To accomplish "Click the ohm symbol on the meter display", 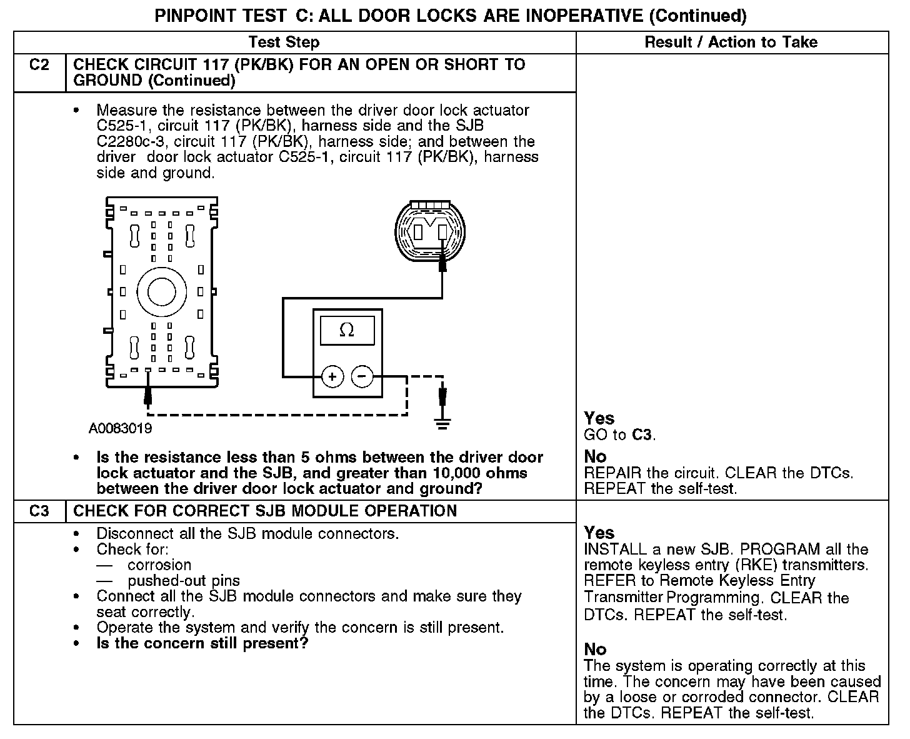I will [347, 330].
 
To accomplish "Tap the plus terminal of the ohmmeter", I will [332, 376].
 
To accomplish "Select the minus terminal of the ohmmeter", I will [362, 376].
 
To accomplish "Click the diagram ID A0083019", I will [120, 429].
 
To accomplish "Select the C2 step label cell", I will [39, 65].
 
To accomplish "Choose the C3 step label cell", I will [39, 511].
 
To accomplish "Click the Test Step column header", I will [284, 43].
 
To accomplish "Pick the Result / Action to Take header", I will [731, 43].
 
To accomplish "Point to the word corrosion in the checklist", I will [159, 565].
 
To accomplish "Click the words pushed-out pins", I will [184, 581].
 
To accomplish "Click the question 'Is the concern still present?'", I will [202, 643].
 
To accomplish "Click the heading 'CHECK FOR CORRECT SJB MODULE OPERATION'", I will [265, 511].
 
